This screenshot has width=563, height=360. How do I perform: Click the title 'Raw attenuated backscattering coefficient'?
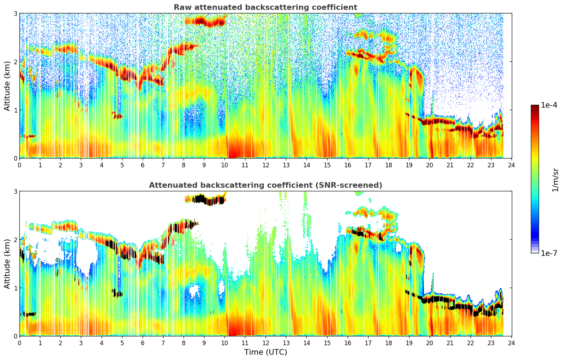265,7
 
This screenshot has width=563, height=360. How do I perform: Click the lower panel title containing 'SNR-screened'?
265,185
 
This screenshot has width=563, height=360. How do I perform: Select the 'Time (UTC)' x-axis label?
265,352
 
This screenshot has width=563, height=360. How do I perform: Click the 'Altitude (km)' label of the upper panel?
7,86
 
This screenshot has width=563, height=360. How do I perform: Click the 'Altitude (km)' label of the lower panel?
7,264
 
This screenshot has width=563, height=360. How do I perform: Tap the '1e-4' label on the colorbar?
549,105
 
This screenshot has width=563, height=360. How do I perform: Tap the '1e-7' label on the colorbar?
549,253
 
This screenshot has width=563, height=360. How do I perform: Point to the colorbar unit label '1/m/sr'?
555,180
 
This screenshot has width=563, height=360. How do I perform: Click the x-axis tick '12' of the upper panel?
265,165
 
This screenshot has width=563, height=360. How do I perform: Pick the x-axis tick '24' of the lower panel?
511,343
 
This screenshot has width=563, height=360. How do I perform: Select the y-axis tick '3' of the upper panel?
16,13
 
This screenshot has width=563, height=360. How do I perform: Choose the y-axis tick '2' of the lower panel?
16,240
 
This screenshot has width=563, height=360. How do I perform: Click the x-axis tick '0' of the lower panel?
19,343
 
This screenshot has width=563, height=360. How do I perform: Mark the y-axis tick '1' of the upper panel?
16,110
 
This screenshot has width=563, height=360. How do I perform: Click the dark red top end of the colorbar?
535,106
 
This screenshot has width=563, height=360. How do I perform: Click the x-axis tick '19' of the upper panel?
409,165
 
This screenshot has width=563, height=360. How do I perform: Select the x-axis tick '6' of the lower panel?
143,343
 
